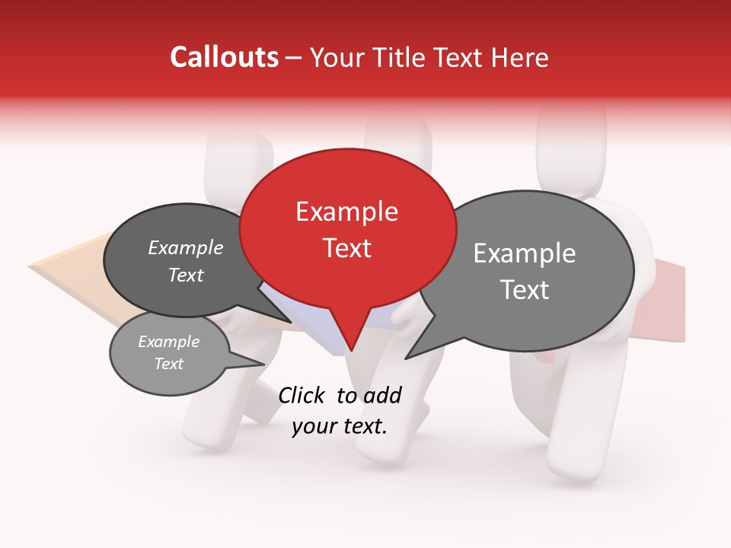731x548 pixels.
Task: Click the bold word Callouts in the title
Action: (x=224, y=57)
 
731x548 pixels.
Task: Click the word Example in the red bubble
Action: (x=346, y=212)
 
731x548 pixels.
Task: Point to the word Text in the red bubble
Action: (x=347, y=248)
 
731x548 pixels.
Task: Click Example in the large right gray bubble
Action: (x=525, y=253)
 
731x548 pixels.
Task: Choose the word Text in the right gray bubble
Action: (x=525, y=290)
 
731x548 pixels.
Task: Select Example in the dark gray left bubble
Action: (x=186, y=247)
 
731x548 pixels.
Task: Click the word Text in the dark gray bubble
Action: (x=186, y=275)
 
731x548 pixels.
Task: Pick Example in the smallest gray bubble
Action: (x=169, y=342)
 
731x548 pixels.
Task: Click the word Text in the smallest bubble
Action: (x=169, y=363)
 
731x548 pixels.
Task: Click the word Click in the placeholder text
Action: (x=304, y=395)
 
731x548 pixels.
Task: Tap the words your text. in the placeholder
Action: (x=340, y=426)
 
